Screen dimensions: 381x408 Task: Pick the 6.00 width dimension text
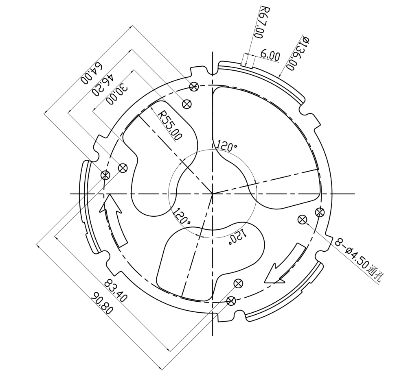(x=270, y=56)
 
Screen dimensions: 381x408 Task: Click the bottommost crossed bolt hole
(x=231, y=300)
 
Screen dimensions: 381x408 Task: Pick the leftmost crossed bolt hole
(x=105, y=175)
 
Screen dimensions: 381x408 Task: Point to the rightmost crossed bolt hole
(x=320, y=211)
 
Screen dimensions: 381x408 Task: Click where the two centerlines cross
(x=212, y=194)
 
